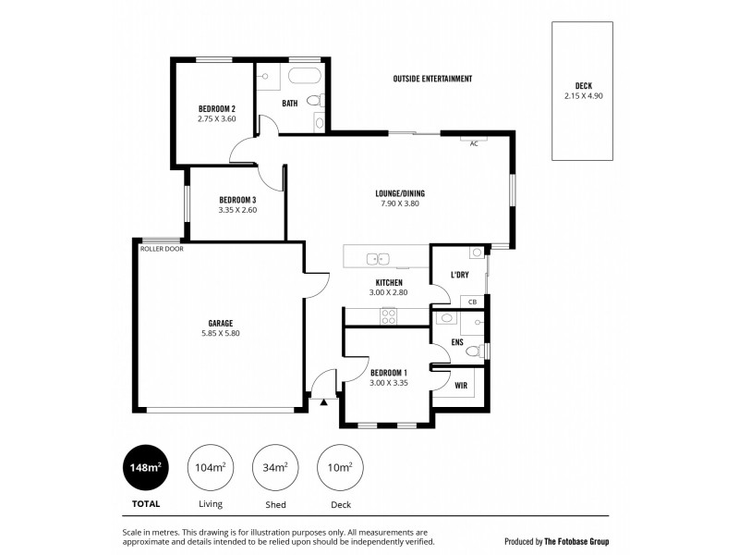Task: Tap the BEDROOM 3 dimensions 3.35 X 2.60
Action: pyautogui.click(x=237, y=210)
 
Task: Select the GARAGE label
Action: pyautogui.click(x=220, y=323)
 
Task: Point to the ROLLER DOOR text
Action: pyautogui.click(x=161, y=249)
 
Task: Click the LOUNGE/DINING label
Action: pyautogui.click(x=399, y=193)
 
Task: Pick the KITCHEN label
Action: pyautogui.click(x=389, y=282)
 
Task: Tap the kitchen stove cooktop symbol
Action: pyautogui.click(x=389, y=314)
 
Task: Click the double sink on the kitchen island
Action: pyautogui.click(x=378, y=259)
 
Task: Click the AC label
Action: pyautogui.click(x=474, y=143)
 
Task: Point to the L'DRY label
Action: pyautogui.click(x=458, y=275)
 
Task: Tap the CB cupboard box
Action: pyautogui.click(x=471, y=302)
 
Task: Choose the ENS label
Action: pyautogui.click(x=456, y=341)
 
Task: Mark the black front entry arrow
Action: pyautogui.click(x=323, y=403)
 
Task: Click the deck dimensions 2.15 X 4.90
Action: pyautogui.click(x=583, y=95)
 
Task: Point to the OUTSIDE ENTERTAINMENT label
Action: pyautogui.click(x=432, y=80)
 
